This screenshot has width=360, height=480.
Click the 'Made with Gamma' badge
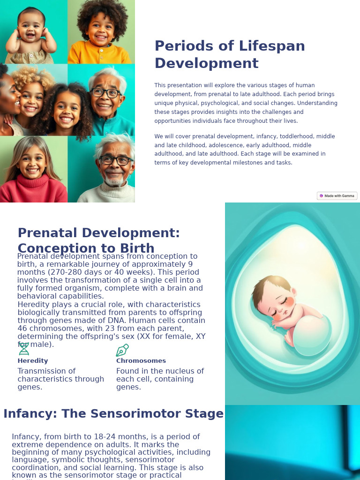coord(337,196)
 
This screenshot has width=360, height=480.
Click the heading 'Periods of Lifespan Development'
coord(230,55)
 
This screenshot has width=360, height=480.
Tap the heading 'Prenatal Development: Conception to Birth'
coord(98,240)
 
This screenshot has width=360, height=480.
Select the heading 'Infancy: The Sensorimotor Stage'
coord(113,414)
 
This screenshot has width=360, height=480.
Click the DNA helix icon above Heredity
coord(24,349)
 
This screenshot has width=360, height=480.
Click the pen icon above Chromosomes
coord(122,350)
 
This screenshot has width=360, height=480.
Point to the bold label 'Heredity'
coord(33,361)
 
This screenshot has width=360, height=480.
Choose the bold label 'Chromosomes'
coord(141,361)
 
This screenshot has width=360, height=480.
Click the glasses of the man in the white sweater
coord(115,160)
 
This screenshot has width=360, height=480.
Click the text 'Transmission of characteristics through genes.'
coord(61,379)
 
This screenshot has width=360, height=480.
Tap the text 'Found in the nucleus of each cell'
coord(160,375)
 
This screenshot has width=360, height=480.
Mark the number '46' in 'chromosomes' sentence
coord(22,329)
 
